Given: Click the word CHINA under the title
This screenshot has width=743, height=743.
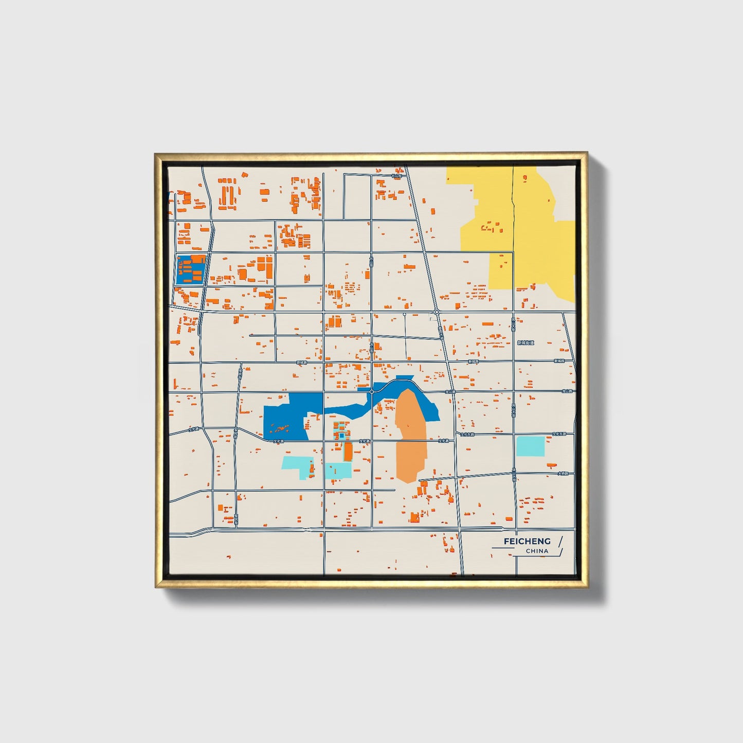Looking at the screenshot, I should pyautogui.click(x=537, y=551).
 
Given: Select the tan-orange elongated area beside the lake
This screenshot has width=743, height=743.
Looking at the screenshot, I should pyautogui.click(x=411, y=437).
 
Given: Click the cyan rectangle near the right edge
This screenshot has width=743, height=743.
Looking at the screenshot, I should pyautogui.click(x=530, y=446).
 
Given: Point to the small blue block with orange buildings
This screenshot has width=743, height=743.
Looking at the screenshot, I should pyautogui.click(x=191, y=269).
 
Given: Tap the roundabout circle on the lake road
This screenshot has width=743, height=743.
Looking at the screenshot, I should pyautogui.click(x=371, y=392).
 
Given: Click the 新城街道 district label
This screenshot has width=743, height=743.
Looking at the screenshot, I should pyautogui.click(x=525, y=343).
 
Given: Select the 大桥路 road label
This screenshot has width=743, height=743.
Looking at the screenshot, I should pyautogui.click(x=563, y=474).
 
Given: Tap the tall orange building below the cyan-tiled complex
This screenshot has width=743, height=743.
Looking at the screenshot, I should pyautogui.click(x=348, y=451).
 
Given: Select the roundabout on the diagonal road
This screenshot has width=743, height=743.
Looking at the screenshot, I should pyautogui.click(x=436, y=312).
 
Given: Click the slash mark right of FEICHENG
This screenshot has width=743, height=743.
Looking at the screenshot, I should pyautogui.click(x=560, y=541).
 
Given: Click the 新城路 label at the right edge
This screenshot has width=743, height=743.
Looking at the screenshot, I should pyautogui.click(x=559, y=361).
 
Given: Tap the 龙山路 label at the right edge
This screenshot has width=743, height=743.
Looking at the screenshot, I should pyautogui.click(x=568, y=391).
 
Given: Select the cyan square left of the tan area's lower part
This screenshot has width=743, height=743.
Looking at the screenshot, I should pyautogui.click(x=338, y=470).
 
